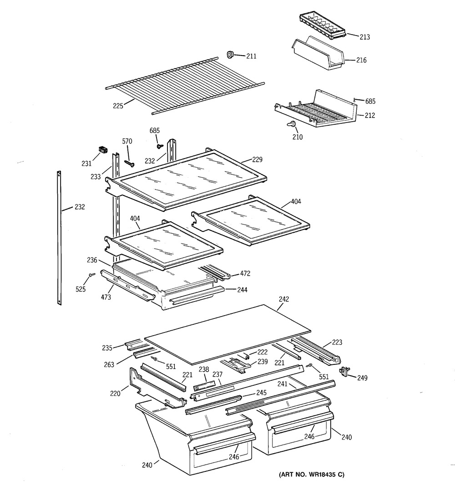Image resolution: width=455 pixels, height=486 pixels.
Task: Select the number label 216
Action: tap(361, 60)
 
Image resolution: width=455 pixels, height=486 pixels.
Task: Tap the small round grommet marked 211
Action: tap(230, 55)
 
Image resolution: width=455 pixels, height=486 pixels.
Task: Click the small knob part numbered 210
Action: tap(291, 124)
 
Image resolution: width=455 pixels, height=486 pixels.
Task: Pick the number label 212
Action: tap(369, 116)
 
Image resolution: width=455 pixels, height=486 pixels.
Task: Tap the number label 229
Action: tap(257, 160)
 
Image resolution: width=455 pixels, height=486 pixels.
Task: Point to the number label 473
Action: tap(106, 297)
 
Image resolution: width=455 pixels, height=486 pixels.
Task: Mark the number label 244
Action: tap(242, 290)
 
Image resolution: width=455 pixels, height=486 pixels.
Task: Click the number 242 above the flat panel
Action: tap(284, 299)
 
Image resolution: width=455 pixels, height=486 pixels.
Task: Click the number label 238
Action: tap(203, 370)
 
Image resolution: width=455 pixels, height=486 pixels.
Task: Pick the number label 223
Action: tap(337, 343)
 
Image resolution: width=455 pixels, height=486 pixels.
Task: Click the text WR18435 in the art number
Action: tap(322, 475)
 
